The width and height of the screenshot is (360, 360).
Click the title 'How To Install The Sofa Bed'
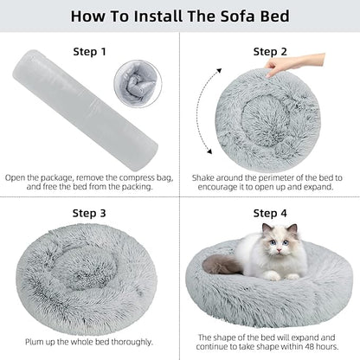[x=180, y=16]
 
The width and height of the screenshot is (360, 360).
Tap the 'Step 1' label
[x=90, y=51]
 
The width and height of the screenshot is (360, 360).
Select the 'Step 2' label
[x=270, y=51]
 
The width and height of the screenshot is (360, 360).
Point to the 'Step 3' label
[x=90, y=213]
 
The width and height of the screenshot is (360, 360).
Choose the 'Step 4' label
[x=270, y=213]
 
